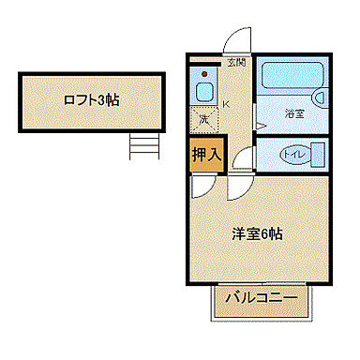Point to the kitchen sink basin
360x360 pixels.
pyautogui.click(x=202, y=92)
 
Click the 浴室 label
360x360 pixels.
pyautogui.click(x=295, y=114)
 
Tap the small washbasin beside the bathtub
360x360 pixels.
pyautogui.click(x=321, y=96)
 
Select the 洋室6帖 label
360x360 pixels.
pyautogui.click(x=257, y=234)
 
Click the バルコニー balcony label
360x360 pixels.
pyautogui.click(x=262, y=299)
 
